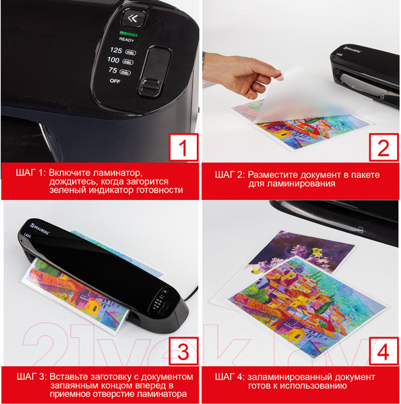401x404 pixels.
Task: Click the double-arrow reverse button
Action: click(133, 18)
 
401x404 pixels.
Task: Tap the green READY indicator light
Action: click(128, 34)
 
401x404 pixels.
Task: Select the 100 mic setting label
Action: click(121, 61)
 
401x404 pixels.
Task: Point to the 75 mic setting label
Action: click(120, 71)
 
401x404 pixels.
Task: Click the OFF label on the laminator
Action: click(115, 81)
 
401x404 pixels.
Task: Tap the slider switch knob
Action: click(150, 87)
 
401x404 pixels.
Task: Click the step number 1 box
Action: click(183, 147)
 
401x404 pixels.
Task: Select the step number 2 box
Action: click(383, 147)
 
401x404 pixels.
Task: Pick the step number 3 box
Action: click(183, 351)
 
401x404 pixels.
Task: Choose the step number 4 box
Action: click(383, 351)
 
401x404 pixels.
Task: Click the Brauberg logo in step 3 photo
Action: click(40, 229)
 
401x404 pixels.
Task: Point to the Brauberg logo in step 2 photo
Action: click(353, 49)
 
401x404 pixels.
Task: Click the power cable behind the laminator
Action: click(191, 293)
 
